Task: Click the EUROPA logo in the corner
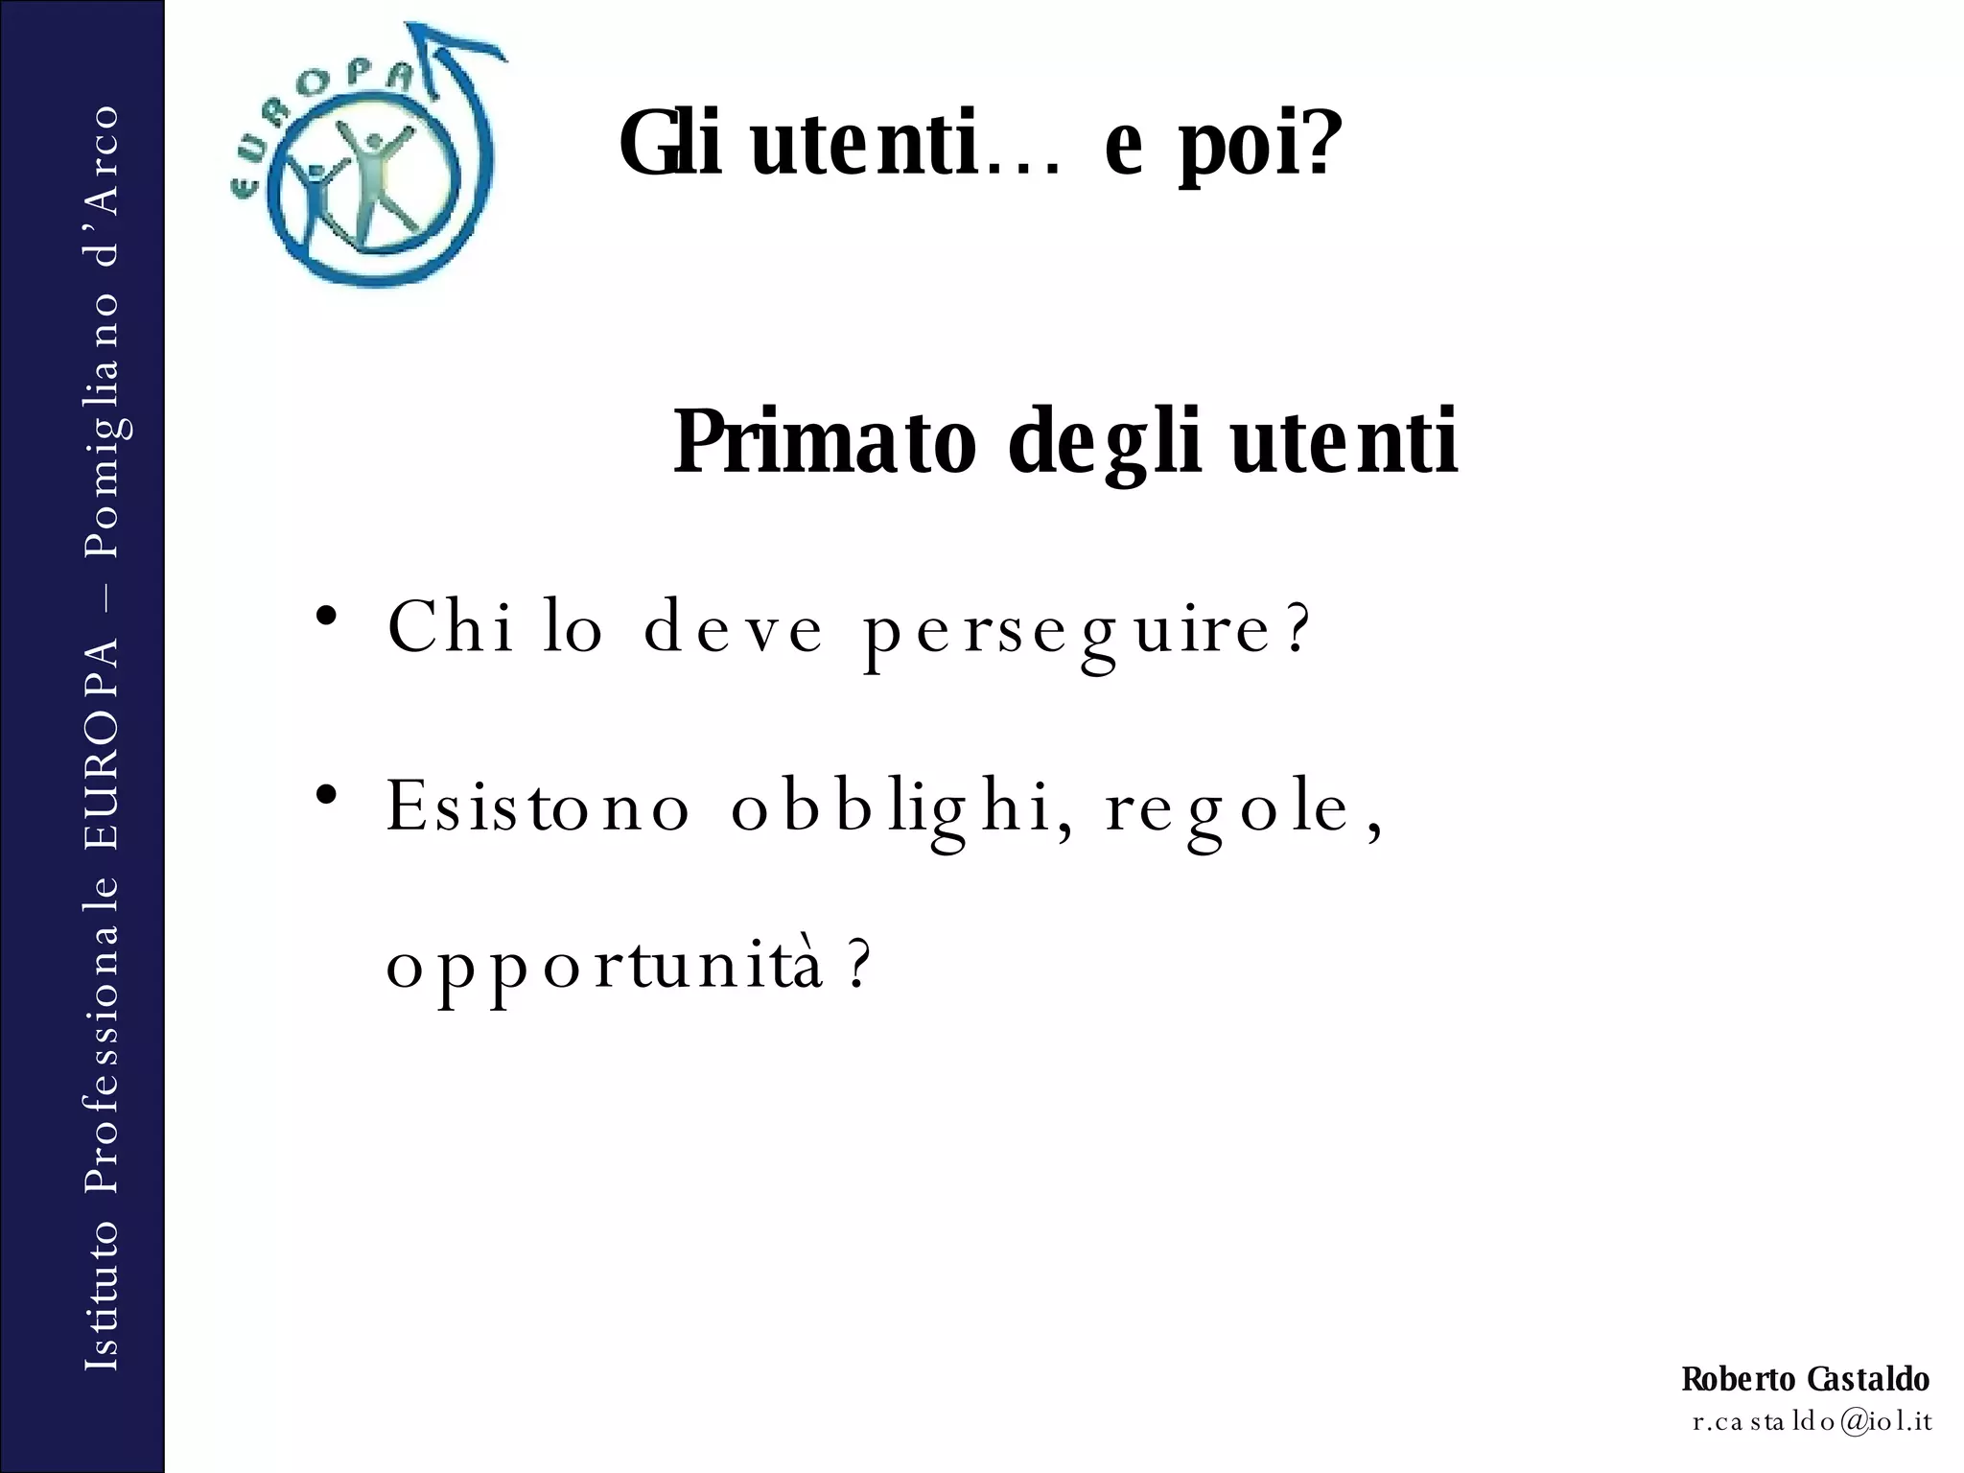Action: click(x=369, y=158)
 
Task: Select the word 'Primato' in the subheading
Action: click(x=825, y=443)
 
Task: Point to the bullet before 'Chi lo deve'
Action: click(x=327, y=616)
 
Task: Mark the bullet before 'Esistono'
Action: click(x=327, y=795)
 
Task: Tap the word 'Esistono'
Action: click(x=538, y=807)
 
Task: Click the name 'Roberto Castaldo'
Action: click(x=1805, y=1379)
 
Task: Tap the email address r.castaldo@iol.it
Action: click(x=1812, y=1421)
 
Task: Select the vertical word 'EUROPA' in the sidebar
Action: click(x=103, y=742)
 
